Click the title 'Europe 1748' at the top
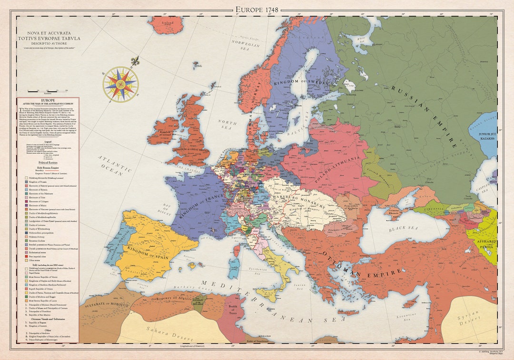(x=257, y=10)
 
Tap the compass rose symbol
(x=120, y=84)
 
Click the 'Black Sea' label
(x=403, y=229)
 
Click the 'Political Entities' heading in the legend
(x=48, y=163)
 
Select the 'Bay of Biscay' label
(x=168, y=209)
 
